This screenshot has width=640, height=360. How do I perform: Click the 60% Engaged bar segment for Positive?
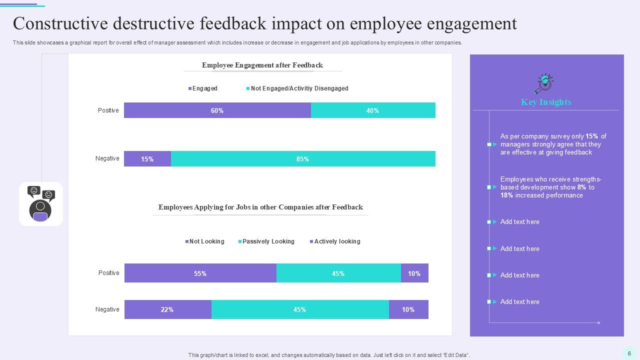click(217, 110)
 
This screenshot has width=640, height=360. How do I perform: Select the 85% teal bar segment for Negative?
click(303, 159)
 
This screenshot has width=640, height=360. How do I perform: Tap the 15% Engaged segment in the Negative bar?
click(147, 159)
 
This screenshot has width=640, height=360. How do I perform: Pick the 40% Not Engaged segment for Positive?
click(373, 110)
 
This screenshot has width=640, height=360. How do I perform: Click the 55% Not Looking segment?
click(200, 273)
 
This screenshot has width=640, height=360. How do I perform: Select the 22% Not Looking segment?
click(167, 309)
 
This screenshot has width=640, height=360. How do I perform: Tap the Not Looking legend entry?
click(205, 241)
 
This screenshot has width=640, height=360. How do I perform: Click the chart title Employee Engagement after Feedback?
click(262, 65)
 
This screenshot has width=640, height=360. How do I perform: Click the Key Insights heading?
click(546, 102)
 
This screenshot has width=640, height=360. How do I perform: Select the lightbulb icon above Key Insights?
click(544, 83)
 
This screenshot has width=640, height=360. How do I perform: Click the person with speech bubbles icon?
click(41, 203)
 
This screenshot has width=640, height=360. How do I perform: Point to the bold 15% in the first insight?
click(592, 136)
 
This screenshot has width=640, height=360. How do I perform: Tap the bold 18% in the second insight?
click(506, 195)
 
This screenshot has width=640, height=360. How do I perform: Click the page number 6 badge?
click(629, 353)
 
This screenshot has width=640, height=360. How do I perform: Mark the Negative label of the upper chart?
click(107, 158)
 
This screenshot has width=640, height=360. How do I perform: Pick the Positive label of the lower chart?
click(108, 273)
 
